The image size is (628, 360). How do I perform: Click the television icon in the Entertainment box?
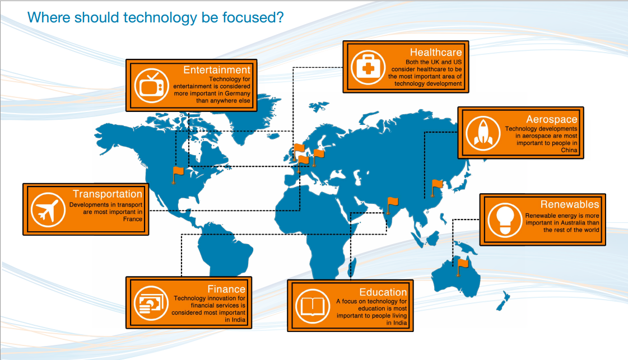[151, 86]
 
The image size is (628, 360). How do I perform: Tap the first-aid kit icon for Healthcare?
[368, 67]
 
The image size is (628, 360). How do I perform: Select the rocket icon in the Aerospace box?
[483, 133]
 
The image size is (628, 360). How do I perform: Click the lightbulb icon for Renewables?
[505, 220]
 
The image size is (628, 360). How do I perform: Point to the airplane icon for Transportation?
[48, 210]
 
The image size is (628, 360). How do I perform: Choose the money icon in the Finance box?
[151, 303]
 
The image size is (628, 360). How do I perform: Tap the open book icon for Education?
[313, 306]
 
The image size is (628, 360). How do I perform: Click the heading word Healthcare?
[436, 53]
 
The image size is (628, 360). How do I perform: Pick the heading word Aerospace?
[551, 119]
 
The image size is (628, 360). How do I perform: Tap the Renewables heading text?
[570, 204]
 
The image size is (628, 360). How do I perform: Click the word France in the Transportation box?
[133, 219]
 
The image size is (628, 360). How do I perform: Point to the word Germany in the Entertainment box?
[238, 93]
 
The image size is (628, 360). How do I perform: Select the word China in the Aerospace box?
[569, 150]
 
